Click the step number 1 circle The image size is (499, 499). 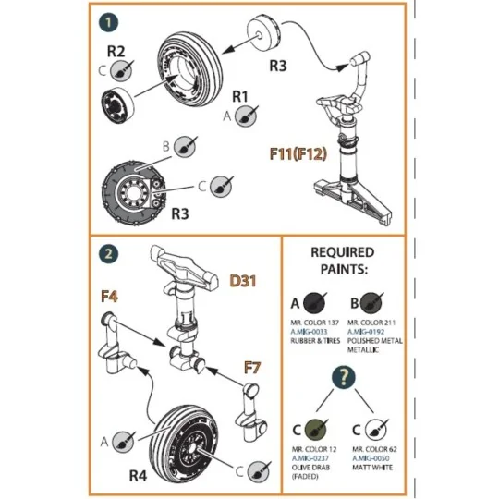click(x=110, y=20)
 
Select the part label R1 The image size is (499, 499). click(x=241, y=96)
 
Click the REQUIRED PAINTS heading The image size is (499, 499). click(x=342, y=260)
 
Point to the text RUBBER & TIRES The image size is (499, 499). click(x=316, y=338)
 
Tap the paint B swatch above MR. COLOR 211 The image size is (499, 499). click(x=371, y=303)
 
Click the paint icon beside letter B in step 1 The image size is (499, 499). click(x=183, y=146)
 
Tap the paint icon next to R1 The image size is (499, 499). click(x=245, y=116)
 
